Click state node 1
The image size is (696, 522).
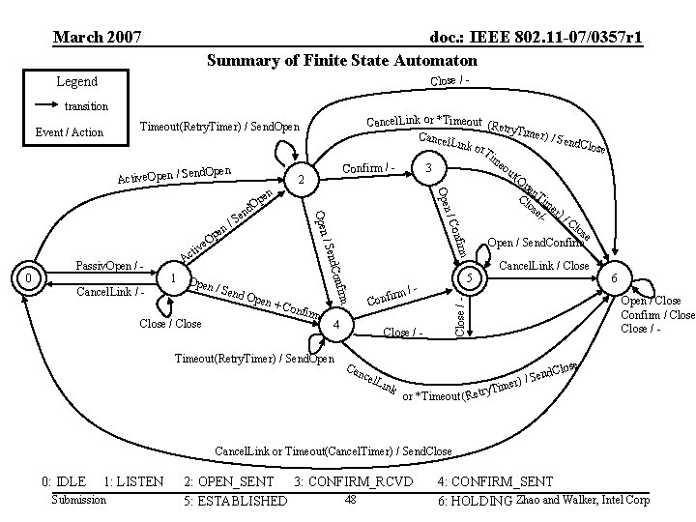171,278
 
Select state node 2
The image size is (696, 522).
302,181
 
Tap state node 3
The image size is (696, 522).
427,168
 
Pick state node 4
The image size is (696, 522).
334,325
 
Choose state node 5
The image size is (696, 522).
467,278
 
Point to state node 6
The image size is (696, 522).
616,278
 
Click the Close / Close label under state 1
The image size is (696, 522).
170,324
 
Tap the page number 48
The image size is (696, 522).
351,499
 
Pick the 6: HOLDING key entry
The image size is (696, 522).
474,501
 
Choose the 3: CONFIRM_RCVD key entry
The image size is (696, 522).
354,480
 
